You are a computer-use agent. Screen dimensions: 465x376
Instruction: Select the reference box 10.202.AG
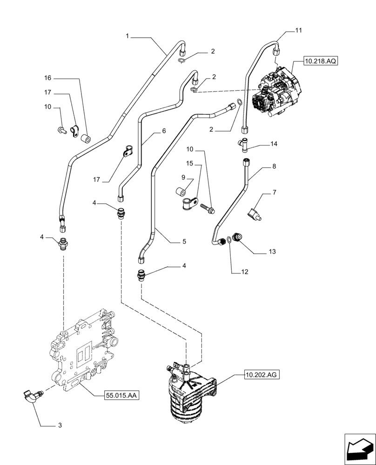[x=261, y=373]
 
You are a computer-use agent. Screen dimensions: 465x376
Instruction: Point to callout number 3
[x=72, y=425]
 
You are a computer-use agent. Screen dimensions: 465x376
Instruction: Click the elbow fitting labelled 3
[x=32, y=396]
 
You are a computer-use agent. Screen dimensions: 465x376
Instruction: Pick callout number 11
[x=298, y=30]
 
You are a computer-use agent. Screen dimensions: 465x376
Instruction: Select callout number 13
[x=272, y=252]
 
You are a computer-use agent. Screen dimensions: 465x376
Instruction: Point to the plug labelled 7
[x=254, y=214]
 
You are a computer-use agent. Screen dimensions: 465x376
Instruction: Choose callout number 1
[x=128, y=36]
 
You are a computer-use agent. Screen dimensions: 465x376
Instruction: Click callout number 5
[x=184, y=241]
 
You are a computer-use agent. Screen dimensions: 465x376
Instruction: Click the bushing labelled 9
[x=182, y=192]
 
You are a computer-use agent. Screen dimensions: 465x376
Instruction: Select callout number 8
[x=274, y=166]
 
